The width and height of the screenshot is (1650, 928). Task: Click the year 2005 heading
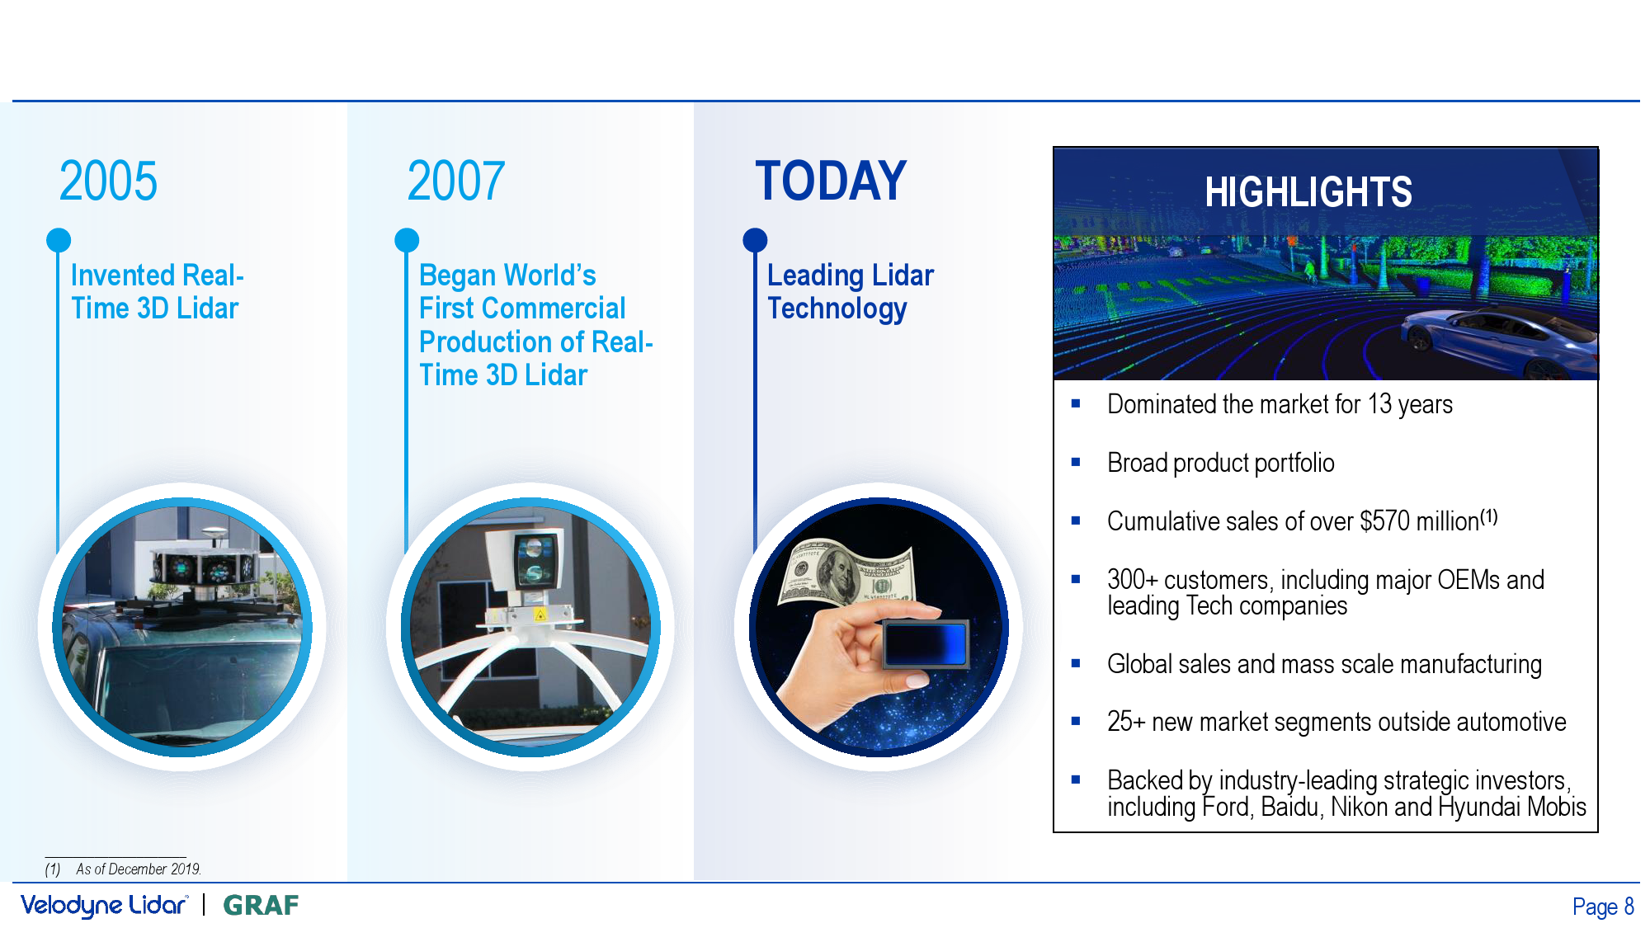pos(108,181)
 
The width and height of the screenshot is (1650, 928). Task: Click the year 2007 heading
pos(456,181)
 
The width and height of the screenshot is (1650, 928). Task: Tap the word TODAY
pos(831,181)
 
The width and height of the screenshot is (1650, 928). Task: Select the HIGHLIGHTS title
pos(1308,192)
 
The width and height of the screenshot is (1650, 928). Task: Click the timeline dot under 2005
pos(59,240)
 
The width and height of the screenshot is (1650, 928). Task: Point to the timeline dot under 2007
pos(407,240)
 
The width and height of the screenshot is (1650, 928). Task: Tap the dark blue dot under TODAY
pos(755,240)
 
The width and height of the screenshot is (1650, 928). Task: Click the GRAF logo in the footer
pos(262,906)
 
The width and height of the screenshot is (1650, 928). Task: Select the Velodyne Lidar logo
pos(105,906)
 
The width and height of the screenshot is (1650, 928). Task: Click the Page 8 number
pos(1603,907)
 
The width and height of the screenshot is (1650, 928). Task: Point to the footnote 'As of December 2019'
pos(139,869)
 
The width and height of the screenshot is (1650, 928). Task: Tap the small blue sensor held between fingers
pos(925,643)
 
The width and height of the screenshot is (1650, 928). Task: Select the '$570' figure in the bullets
pos(1385,521)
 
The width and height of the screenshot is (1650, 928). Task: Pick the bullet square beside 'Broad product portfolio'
pos(1076,462)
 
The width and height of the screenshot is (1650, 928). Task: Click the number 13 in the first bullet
pos(1379,404)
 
